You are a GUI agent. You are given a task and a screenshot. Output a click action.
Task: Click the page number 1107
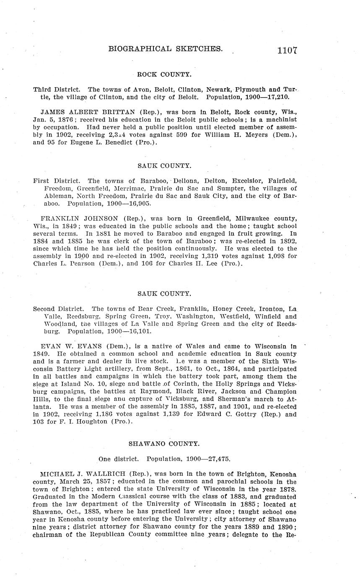tap(287, 50)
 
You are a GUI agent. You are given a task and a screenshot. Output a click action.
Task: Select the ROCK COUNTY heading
tap(164, 75)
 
